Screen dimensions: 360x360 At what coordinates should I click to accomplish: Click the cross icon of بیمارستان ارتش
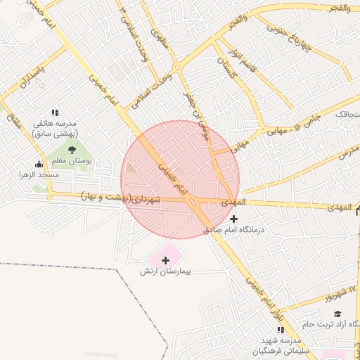click(165, 261)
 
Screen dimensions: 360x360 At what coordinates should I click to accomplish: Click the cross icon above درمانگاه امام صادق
click(234, 219)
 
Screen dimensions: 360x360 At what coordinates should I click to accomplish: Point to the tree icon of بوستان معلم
click(72, 150)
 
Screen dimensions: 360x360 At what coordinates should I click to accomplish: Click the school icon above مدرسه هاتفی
click(55, 112)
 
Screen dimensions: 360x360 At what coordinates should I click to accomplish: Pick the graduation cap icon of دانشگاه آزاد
click(337, 314)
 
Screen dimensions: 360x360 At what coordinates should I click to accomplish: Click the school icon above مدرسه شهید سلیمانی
click(281, 330)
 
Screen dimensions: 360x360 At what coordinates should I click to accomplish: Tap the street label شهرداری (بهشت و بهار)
click(121, 198)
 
